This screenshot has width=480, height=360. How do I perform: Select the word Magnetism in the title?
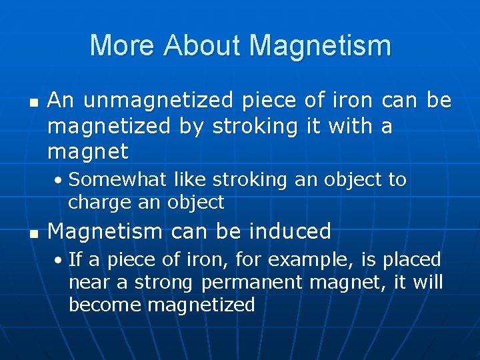tap(320, 46)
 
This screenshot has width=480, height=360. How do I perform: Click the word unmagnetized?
tap(159, 101)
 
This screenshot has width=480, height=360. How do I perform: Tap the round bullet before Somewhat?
tap(60, 181)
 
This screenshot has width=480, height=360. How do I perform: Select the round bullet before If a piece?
tap(60, 260)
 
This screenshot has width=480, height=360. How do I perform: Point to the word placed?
tap(412, 260)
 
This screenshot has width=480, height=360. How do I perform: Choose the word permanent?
tap(251, 283)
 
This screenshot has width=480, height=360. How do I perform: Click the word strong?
tap(164, 283)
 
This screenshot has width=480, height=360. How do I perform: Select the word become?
tap(105, 305)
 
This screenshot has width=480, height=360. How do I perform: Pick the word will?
tap(428, 282)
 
